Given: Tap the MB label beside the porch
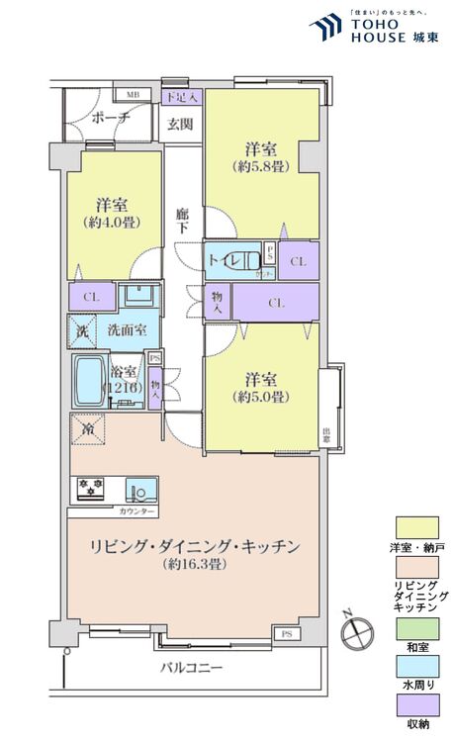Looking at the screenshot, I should click(x=132, y=96).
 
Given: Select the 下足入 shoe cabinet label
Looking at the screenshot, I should click(x=182, y=97).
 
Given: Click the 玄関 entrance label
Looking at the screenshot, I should click(x=179, y=124).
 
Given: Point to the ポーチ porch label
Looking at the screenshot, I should click(x=109, y=118).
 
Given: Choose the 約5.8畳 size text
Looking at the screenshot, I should click(x=262, y=168).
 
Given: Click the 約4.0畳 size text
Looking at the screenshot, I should click(x=111, y=223).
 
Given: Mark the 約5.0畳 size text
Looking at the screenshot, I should click(x=261, y=397).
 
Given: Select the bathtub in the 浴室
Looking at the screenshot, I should click(x=91, y=382).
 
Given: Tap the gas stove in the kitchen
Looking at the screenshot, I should click(x=91, y=489).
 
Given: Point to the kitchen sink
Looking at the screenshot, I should click(x=138, y=489).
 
